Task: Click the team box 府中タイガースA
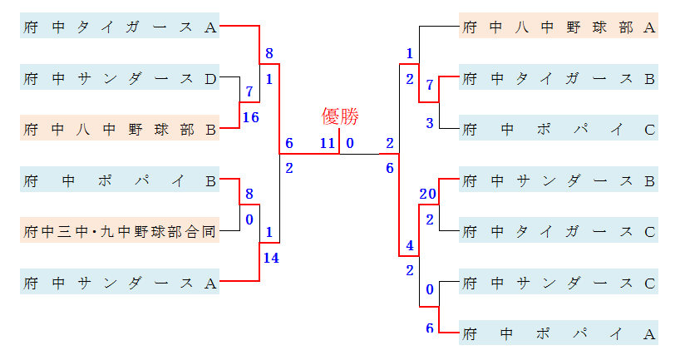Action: click(x=120, y=27)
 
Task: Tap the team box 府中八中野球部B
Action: click(x=120, y=129)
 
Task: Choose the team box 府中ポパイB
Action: click(x=120, y=180)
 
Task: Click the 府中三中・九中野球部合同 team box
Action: click(x=120, y=231)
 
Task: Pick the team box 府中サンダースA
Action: click(x=120, y=282)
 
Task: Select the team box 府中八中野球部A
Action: click(x=559, y=27)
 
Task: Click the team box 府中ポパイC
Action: click(x=559, y=129)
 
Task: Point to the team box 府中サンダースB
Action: click(x=559, y=180)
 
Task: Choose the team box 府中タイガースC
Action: click(x=559, y=231)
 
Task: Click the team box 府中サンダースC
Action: click(x=559, y=282)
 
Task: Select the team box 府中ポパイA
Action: click(x=559, y=333)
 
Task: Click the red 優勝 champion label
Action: click(x=339, y=116)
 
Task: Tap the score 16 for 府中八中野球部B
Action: click(x=250, y=117)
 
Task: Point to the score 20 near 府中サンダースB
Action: click(x=428, y=194)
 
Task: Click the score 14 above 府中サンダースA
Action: click(x=270, y=258)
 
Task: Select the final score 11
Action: click(x=328, y=143)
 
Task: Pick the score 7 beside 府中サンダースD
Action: click(x=249, y=91)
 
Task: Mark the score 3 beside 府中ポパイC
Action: click(x=430, y=123)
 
